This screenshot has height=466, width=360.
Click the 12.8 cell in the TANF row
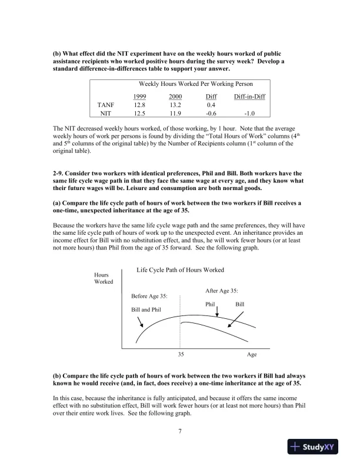point(140,105)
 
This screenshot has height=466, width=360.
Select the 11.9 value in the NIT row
point(175,114)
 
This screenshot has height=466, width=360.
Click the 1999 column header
point(140,96)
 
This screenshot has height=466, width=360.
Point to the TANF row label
point(105,105)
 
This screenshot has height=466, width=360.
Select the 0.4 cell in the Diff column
point(211,105)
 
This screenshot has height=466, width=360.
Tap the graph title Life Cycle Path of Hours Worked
point(180,270)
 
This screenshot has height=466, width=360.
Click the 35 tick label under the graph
point(181,355)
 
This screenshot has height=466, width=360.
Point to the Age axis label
point(251,355)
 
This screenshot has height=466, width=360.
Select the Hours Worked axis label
point(104,278)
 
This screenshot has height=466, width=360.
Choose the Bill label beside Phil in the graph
point(239,304)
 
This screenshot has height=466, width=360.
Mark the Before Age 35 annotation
point(149,296)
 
